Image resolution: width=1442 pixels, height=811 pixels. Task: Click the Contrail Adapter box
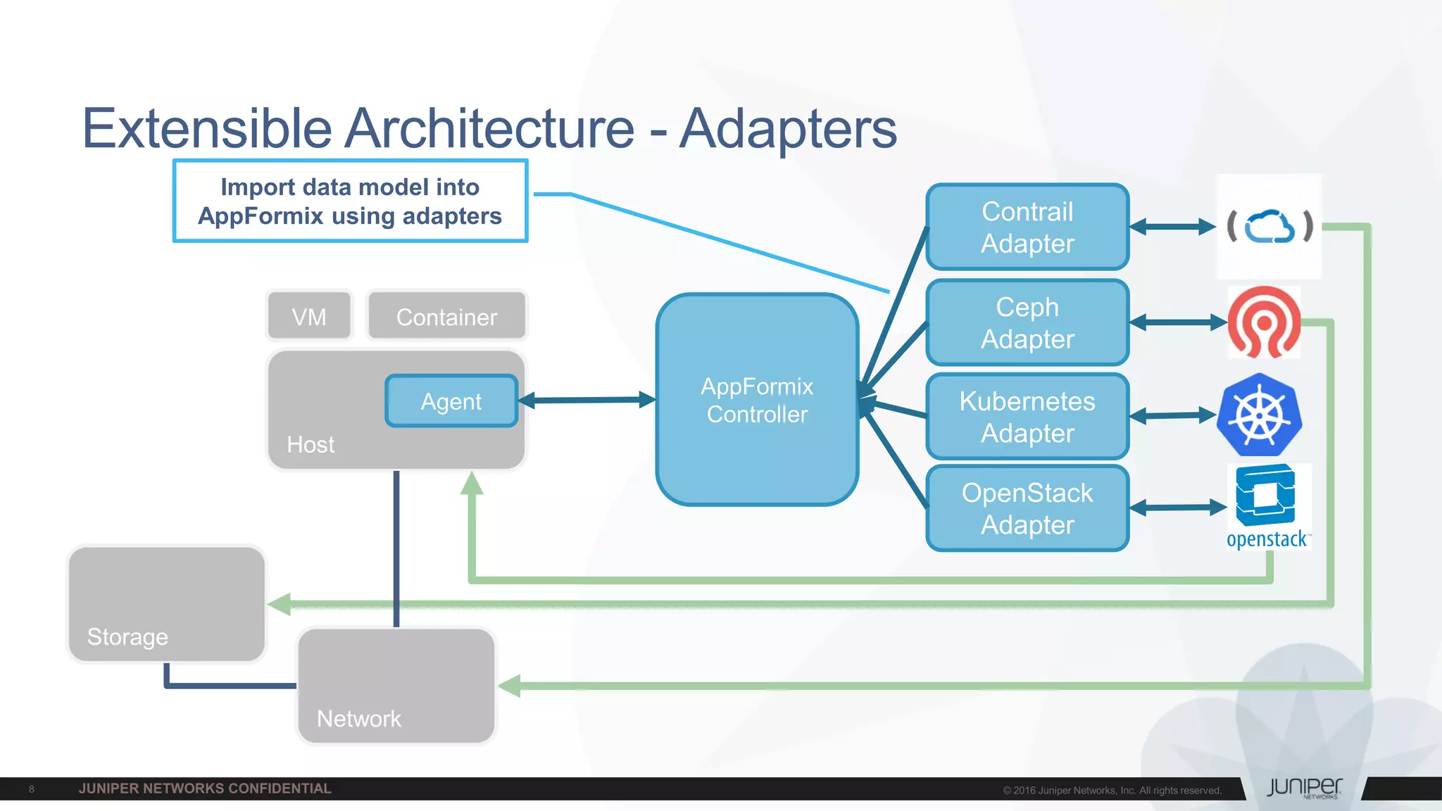(x=1027, y=227)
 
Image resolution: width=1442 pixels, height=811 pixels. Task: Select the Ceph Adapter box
(x=1027, y=322)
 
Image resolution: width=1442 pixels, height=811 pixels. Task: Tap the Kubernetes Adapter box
(x=1027, y=417)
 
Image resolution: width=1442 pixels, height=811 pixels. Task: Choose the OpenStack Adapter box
(x=1027, y=508)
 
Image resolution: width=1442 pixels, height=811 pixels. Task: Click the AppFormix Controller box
(x=757, y=399)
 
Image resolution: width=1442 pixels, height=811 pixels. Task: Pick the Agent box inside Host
(x=451, y=401)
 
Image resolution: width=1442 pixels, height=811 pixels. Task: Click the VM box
(x=309, y=316)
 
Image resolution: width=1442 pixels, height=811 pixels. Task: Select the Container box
(x=446, y=316)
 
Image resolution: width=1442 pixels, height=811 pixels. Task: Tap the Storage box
(x=167, y=604)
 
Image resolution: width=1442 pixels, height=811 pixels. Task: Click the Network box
(x=396, y=686)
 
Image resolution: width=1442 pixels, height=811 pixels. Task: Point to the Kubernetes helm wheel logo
(x=1260, y=415)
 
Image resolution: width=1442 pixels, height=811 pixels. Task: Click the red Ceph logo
(x=1264, y=322)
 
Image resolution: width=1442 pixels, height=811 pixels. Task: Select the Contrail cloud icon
(x=1269, y=227)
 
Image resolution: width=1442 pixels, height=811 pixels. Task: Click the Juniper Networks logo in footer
(x=1304, y=788)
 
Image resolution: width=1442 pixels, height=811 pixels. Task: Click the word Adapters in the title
(x=788, y=129)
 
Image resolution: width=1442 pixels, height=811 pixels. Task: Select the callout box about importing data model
(x=350, y=201)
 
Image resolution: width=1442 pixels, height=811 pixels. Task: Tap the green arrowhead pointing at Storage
(x=280, y=604)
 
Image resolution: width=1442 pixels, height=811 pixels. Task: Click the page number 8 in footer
(x=32, y=788)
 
